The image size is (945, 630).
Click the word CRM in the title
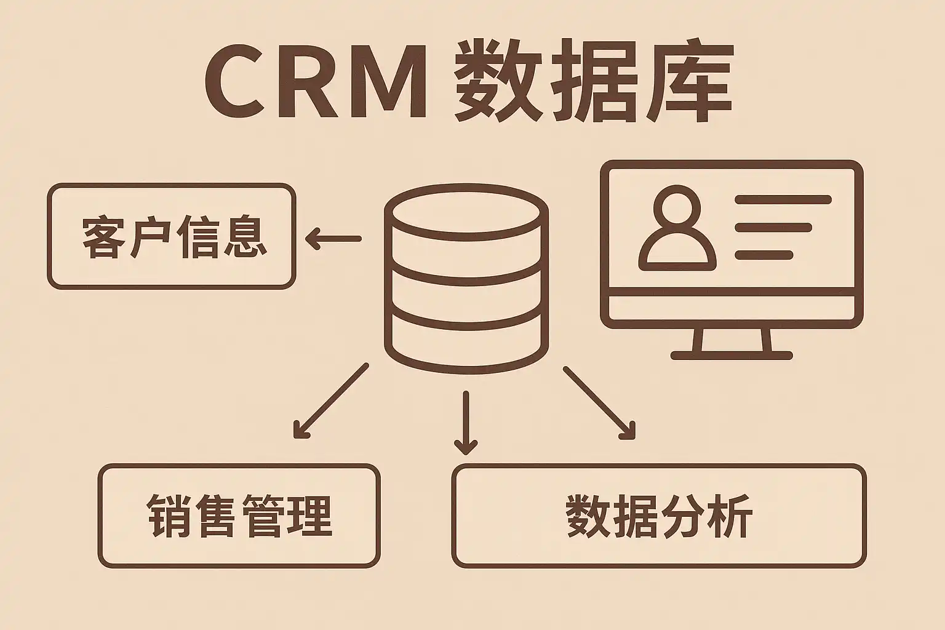click(315, 83)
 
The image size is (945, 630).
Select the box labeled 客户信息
click(172, 236)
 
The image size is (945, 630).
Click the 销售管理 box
click(239, 516)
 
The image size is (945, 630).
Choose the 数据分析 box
click(658, 516)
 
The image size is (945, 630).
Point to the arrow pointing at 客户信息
click(333, 239)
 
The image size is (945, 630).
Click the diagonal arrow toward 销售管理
click(330, 401)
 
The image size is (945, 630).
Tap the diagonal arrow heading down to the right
click(598, 403)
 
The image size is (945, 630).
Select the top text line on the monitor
click(783, 200)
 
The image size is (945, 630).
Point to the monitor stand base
click(732, 355)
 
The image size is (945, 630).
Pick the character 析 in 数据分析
click(732, 516)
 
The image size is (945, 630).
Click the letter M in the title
click(388, 83)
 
